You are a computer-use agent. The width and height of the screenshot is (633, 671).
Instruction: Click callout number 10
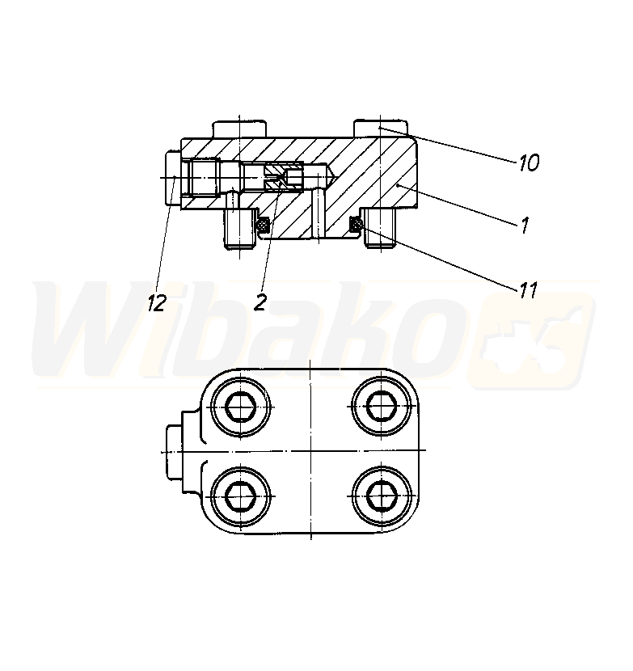[529, 163]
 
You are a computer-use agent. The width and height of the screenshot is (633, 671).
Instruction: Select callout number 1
[525, 225]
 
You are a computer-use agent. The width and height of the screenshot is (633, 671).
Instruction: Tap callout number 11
[528, 291]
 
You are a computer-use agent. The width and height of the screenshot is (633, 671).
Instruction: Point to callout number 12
[157, 303]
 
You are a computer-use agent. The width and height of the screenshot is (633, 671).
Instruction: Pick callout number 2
[260, 303]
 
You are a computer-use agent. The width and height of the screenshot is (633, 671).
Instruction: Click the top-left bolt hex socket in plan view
[241, 406]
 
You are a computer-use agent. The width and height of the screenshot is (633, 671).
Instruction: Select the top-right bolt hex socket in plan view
[382, 406]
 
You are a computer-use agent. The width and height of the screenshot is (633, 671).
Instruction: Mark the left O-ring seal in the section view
[263, 224]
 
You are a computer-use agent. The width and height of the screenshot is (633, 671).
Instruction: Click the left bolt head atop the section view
[239, 129]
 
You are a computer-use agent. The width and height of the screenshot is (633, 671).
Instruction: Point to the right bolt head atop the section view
[381, 129]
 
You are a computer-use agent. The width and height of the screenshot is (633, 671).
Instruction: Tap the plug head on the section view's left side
[173, 178]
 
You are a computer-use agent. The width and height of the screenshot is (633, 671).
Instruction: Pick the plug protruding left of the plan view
[174, 451]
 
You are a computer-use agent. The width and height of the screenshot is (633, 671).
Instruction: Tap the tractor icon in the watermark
[530, 340]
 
